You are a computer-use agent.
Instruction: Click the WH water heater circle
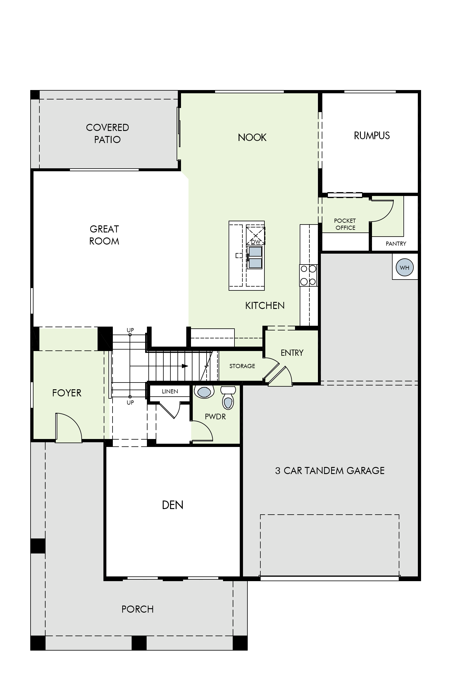tap(404, 267)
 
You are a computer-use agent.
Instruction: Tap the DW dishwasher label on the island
tap(256, 242)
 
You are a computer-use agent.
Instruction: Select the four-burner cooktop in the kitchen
tap(308, 275)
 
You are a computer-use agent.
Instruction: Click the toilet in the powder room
tap(228, 398)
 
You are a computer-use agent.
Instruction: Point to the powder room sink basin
tap(204, 392)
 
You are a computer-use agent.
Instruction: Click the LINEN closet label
tap(170, 391)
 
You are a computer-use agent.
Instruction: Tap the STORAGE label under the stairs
tap(242, 366)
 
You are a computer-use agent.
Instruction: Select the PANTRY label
tap(396, 243)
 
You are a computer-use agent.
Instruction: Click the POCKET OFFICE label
tap(345, 224)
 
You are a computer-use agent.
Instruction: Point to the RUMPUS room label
tap(372, 136)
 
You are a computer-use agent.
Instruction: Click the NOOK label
tap(252, 137)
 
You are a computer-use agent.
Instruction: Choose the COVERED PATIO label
tap(107, 133)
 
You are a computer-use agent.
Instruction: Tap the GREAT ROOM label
tap(104, 235)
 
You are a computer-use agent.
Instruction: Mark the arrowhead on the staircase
tap(185, 366)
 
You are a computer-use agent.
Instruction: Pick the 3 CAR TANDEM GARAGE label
tap(330, 470)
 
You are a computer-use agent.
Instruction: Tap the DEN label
tap(173, 505)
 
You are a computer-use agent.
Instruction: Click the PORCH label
tap(138, 609)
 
